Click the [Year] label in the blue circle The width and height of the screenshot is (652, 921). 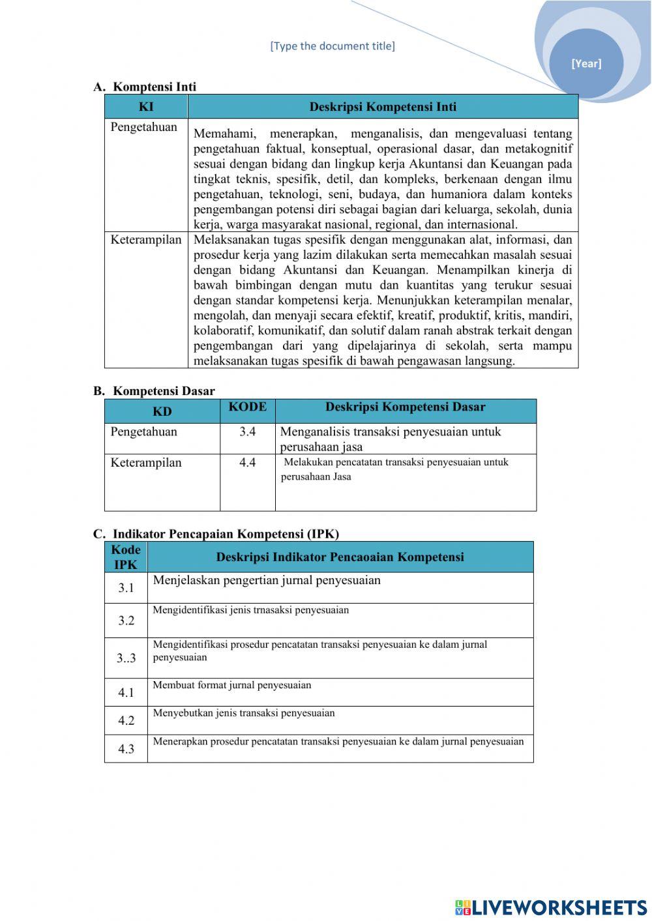click(x=586, y=63)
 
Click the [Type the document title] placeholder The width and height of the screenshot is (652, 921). click(x=333, y=46)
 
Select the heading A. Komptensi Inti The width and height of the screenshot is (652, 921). click(x=145, y=87)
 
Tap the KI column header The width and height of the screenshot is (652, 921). click(x=146, y=107)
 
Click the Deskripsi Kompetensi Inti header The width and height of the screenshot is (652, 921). click(x=383, y=107)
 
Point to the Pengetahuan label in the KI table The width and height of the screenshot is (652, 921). click(x=143, y=127)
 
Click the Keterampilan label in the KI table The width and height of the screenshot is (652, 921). click(x=146, y=240)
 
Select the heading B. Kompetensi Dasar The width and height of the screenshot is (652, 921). click(x=154, y=391)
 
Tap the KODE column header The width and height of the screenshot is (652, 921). click(x=247, y=407)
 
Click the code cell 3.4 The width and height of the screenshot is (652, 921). click(x=247, y=431)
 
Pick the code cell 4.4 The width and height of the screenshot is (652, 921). click(x=247, y=463)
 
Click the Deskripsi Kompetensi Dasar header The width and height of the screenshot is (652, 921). click(x=405, y=407)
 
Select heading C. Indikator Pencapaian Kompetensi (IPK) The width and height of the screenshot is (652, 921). click(x=216, y=534)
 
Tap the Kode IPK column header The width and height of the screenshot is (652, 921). click(x=126, y=557)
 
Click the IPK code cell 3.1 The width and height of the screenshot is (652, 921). click(x=126, y=588)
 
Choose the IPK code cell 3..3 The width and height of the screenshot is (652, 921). click(x=126, y=658)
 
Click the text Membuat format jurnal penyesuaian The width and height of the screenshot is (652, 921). click(x=232, y=685)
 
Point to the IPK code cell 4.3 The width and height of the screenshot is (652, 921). click(x=126, y=749)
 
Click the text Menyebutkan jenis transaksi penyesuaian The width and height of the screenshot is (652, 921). click(x=244, y=713)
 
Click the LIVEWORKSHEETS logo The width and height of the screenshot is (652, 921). click(x=551, y=907)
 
